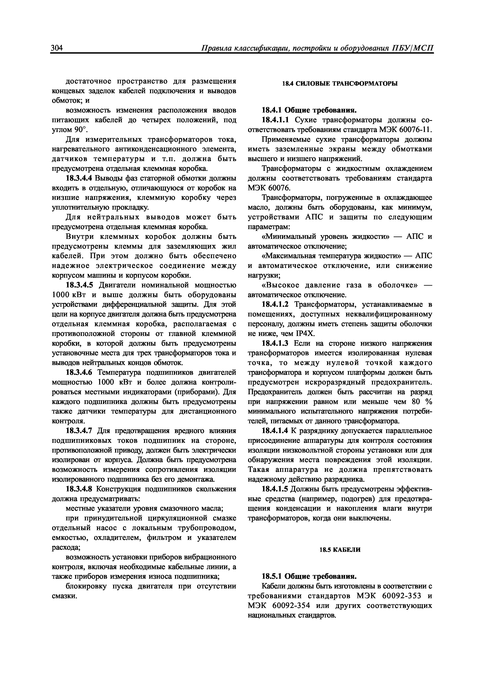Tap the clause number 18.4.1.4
point(275,431)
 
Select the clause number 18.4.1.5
point(275,489)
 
